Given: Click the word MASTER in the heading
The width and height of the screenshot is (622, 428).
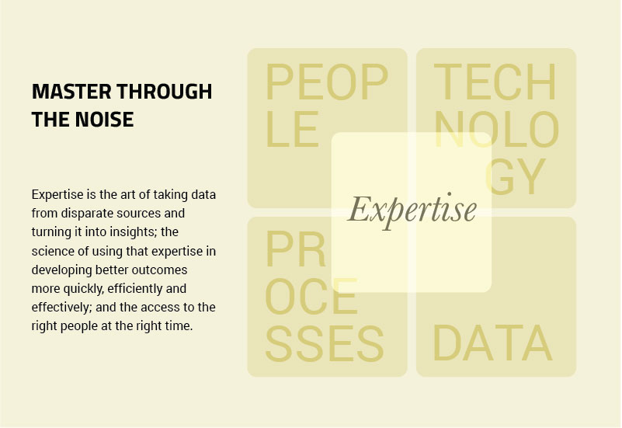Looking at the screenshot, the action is click(71, 92).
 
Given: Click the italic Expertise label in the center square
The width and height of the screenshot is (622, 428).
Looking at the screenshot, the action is click(412, 211).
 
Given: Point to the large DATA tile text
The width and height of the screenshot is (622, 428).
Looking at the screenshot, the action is click(492, 343).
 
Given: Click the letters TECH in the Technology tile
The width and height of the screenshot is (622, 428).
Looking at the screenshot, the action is click(495, 82).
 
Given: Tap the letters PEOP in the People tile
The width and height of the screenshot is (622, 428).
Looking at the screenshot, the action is click(326, 82).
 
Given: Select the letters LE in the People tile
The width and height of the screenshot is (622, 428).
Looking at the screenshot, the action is click(292, 129).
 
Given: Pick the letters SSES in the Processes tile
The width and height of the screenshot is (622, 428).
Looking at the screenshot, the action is click(325, 343).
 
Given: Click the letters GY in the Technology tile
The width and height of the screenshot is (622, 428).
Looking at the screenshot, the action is click(515, 177).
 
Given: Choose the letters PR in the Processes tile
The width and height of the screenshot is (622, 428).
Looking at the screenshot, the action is click(296, 249).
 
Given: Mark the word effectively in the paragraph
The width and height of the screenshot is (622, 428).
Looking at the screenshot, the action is click(61, 308).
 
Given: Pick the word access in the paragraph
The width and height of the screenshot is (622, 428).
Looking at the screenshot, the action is click(161, 308).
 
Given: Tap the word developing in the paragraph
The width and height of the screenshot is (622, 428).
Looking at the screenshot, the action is click(62, 270).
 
